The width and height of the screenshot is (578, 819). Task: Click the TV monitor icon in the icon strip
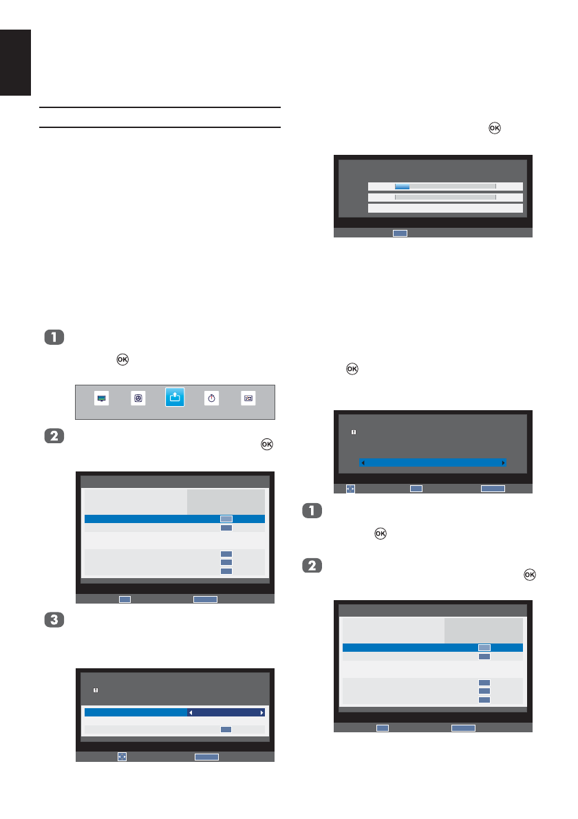tap(102, 398)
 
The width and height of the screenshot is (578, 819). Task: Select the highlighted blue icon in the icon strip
tap(175, 397)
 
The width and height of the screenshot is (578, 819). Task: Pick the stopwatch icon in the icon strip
tap(212, 398)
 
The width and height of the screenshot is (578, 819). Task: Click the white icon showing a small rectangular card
tap(248, 398)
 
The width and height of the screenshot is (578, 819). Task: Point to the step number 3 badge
tap(54, 619)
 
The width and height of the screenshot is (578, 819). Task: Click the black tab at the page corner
tap(15, 62)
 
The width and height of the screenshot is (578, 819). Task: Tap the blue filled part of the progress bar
tap(402, 187)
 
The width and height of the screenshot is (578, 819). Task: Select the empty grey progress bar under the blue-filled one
tap(445, 197)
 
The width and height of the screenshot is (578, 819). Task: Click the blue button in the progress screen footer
tap(400, 233)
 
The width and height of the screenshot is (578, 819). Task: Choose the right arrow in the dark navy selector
tap(261, 712)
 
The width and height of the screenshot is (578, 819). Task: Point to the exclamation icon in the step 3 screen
tap(96, 689)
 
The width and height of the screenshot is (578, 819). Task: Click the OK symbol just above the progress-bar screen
tap(493, 128)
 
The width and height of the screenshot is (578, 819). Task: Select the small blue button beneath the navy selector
tap(226, 729)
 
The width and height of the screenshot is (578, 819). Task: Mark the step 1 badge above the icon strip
tap(54, 337)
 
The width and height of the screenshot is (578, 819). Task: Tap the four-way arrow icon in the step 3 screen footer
tap(122, 756)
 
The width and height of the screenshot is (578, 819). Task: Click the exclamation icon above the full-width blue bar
tap(353, 432)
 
